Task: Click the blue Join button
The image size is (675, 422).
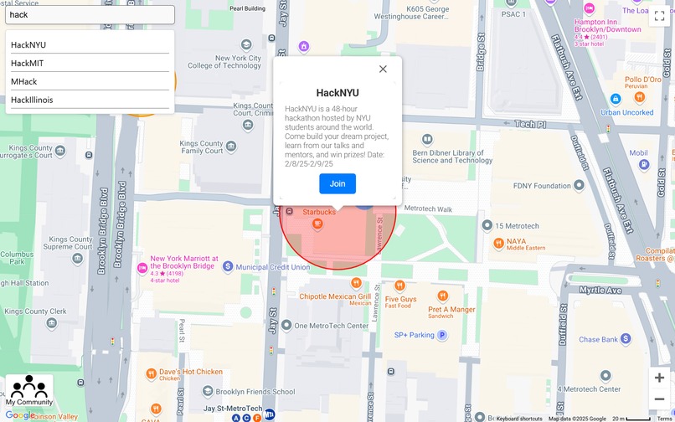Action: (x=337, y=184)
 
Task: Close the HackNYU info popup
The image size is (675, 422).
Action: (x=383, y=69)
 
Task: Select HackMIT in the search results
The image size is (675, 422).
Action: (x=28, y=64)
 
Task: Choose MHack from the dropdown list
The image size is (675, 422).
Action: (x=24, y=82)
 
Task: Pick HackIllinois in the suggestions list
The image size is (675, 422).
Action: (x=32, y=100)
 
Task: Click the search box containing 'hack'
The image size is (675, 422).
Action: (x=90, y=15)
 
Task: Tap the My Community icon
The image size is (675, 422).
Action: (x=29, y=390)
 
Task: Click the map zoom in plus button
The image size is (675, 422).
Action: (x=660, y=378)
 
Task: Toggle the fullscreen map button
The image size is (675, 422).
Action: (x=660, y=16)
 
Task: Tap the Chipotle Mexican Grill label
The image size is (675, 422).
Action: (x=335, y=296)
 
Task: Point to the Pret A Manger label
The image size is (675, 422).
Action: (x=451, y=310)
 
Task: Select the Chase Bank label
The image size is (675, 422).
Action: (x=598, y=340)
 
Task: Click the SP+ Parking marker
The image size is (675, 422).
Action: (x=442, y=335)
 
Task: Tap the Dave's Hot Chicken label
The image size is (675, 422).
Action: (x=190, y=372)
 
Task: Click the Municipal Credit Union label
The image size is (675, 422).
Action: (x=272, y=267)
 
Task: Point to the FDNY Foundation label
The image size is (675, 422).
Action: (x=541, y=186)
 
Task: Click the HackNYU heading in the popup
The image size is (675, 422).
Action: (x=337, y=93)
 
